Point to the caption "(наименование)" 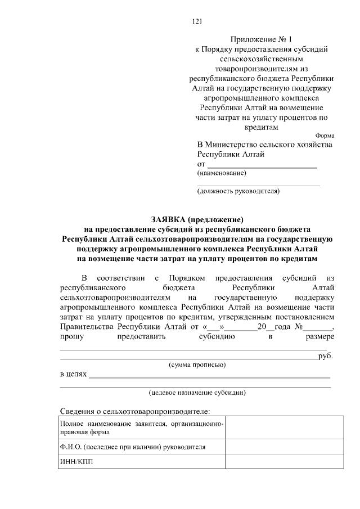222,173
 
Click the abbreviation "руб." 326,355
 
